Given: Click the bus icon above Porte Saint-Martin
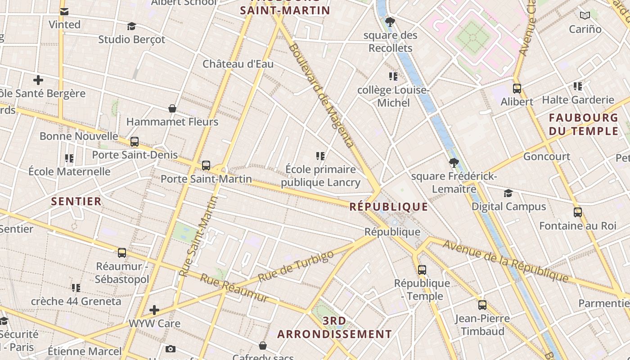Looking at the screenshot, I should [206, 165].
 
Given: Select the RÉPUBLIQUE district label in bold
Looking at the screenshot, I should [389, 207].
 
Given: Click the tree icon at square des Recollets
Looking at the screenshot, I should [390, 22].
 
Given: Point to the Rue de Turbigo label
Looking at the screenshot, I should [296, 266].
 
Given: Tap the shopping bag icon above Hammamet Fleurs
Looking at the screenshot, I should [172, 108].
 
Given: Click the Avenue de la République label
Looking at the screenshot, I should [505, 261].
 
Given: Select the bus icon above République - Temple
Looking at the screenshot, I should [422, 270].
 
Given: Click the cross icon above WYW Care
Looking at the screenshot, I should [154, 310].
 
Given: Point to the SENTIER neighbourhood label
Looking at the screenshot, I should [76, 201].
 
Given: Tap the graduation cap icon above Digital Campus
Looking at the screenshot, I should [508, 193].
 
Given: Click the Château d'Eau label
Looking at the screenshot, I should [238, 64].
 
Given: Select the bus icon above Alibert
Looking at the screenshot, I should [517, 89].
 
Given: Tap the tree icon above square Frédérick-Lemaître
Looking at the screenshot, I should [454, 163].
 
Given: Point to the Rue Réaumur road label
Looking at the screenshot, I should [234, 288].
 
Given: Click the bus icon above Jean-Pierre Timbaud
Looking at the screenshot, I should [482, 305].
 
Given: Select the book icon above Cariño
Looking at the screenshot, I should [585, 16].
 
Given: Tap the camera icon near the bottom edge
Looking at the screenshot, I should [170, 349].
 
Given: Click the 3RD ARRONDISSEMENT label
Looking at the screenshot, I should [334, 328].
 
